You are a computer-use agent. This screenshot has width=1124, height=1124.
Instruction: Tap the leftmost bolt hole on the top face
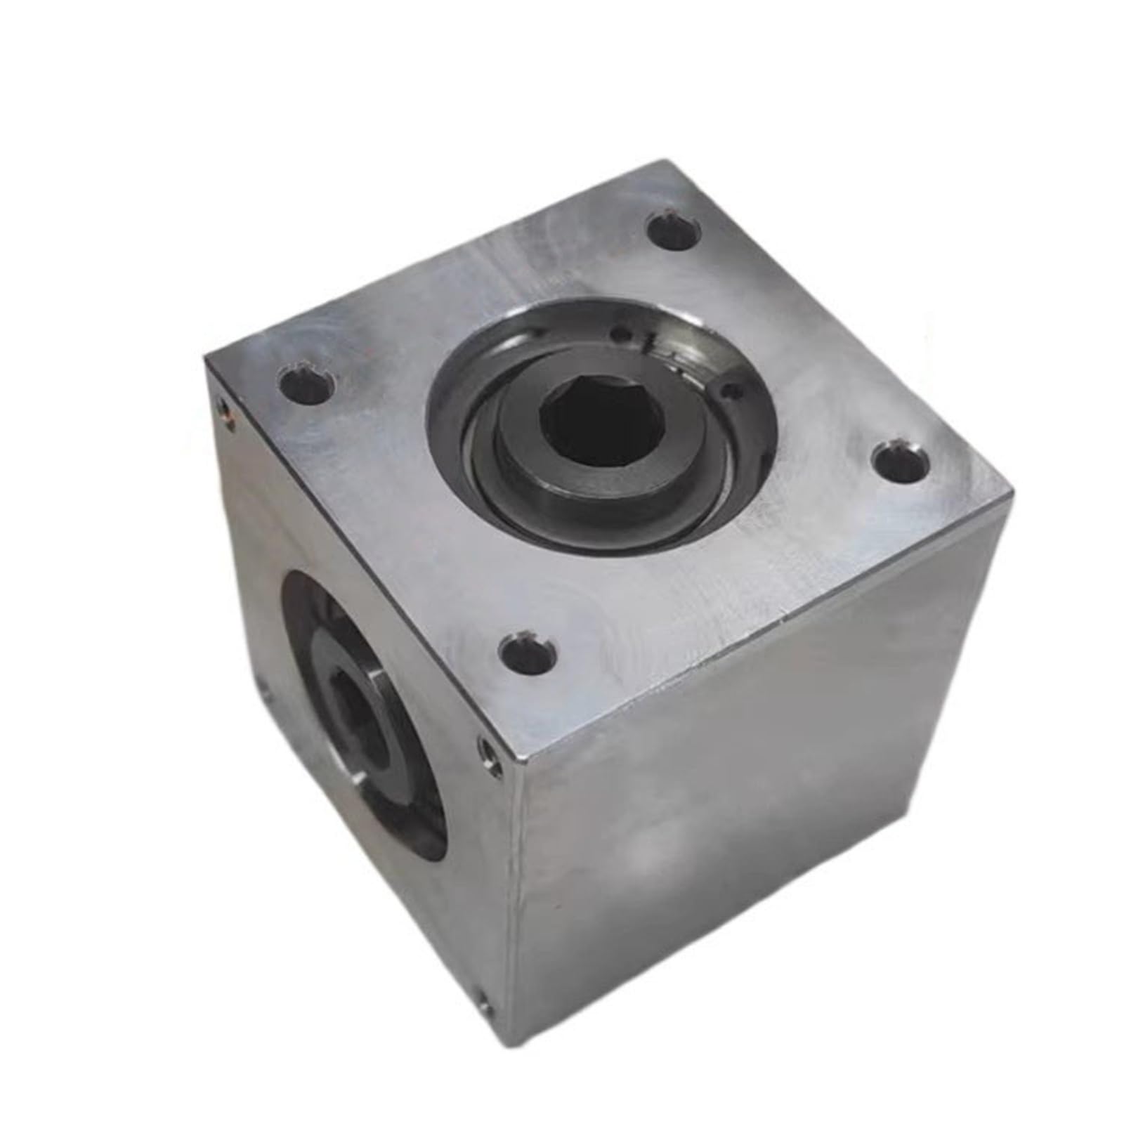304,387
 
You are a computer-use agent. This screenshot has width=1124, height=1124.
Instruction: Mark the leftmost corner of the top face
206,362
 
